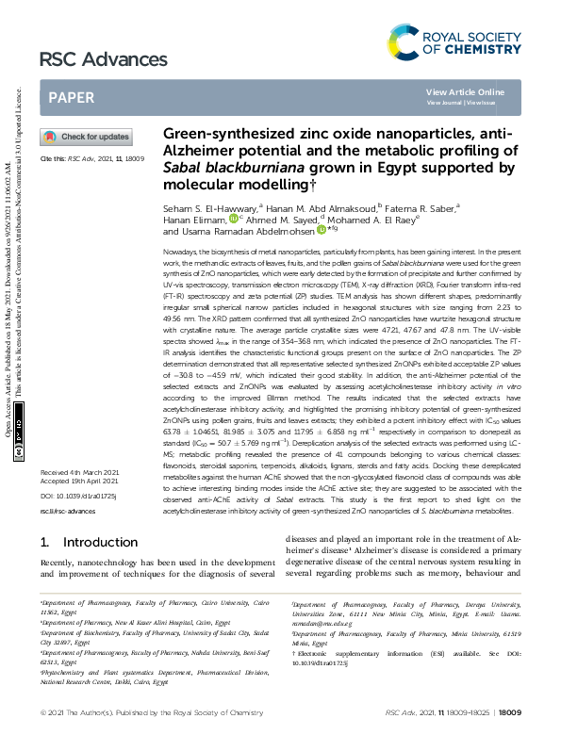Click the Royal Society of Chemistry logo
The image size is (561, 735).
(x=454, y=41)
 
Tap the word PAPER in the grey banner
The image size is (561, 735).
(x=70, y=97)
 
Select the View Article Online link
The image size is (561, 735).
(x=465, y=91)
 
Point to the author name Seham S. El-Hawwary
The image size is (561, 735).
(x=203, y=205)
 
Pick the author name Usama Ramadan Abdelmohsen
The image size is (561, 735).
(x=246, y=230)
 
